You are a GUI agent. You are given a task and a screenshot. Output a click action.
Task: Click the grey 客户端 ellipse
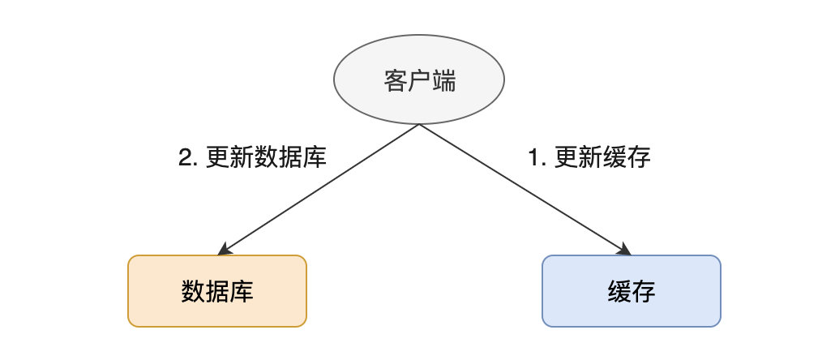click(418, 80)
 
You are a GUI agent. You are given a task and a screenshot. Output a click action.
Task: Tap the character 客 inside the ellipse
click(395, 81)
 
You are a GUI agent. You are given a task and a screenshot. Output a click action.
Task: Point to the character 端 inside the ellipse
click(443, 81)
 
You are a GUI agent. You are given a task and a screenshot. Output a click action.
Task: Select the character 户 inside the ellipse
click(419, 81)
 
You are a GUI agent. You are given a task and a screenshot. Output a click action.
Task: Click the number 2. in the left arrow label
click(189, 157)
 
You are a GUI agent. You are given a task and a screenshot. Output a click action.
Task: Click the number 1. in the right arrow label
click(537, 157)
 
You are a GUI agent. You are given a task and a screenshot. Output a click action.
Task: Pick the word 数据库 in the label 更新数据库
click(290, 157)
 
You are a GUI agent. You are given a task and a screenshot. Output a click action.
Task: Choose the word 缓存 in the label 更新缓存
click(627, 157)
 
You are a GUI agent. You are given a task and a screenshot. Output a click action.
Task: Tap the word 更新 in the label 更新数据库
click(230, 157)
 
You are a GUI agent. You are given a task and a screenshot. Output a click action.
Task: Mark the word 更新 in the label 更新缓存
click(579, 157)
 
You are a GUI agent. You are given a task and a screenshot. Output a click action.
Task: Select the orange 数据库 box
click(217, 291)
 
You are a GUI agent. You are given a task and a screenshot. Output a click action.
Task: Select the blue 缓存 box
click(632, 291)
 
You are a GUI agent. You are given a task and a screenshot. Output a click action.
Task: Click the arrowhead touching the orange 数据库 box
click(224, 249)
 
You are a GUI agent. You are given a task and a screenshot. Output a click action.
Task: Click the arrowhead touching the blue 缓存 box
click(624, 249)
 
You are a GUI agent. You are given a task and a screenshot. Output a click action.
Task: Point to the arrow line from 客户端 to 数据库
click(319, 190)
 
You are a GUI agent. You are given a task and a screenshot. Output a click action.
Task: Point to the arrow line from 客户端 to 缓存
click(525, 190)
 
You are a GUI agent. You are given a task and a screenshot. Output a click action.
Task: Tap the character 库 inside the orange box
click(242, 291)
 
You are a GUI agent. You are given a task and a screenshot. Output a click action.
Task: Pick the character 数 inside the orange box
click(193, 291)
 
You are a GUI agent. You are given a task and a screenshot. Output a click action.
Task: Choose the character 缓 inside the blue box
click(619, 291)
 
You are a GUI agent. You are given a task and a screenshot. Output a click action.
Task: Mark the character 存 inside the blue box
click(644, 291)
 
